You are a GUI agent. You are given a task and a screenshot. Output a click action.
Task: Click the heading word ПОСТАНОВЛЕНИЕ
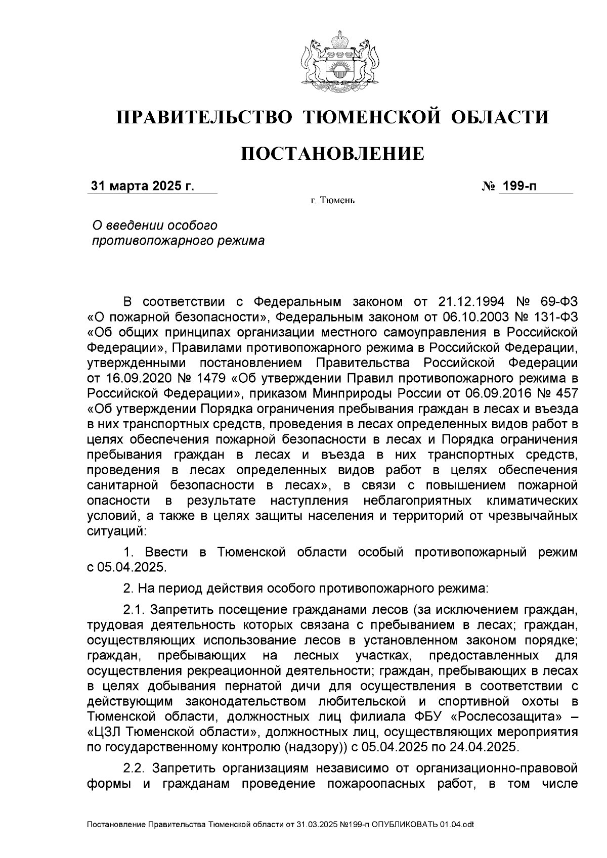pyautogui.click(x=332, y=153)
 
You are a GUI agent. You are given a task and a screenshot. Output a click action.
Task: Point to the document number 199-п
pyautogui.click(x=518, y=187)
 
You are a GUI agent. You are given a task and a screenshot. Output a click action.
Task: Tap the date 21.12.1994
pyautogui.click(x=469, y=302)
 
